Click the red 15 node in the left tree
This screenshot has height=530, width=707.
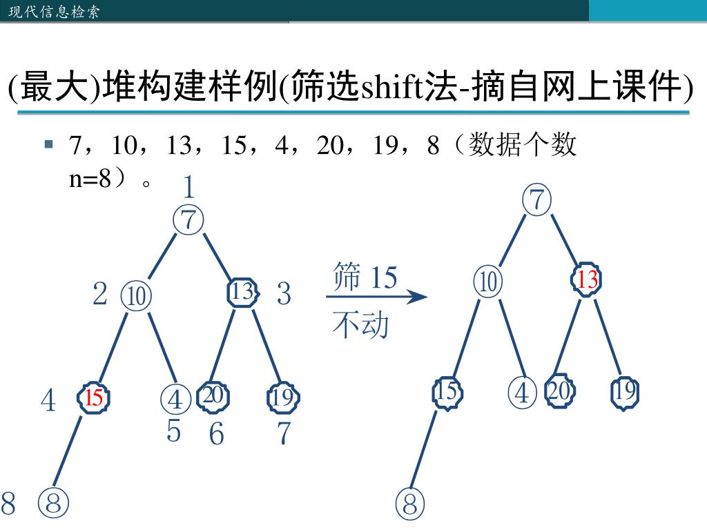click(x=94, y=397)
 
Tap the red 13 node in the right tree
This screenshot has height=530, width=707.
click(x=588, y=279)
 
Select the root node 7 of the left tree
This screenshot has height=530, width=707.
click(x=188, y=220)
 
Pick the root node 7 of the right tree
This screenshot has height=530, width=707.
click(x=537, y=200)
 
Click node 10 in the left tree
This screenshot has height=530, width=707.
click(x=136, y=296)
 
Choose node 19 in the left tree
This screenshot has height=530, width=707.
click(x=282, y=397)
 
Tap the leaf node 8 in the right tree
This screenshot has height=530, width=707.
click(x=410, y=504)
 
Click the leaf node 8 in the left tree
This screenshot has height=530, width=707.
click(x=54, y=502)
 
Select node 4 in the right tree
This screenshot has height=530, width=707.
click(x=522, y=393)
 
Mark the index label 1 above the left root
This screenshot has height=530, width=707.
click(x=188, y=187)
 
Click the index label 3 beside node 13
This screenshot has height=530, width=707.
click(x=284, y=294)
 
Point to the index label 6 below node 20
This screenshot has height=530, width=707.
click(x=217, y=434)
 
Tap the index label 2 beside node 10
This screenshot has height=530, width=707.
click(x=100, y=294)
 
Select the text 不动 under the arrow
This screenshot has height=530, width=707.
click(x=360, y=325)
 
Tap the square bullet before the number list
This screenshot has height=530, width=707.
click(x=49, y=144)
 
